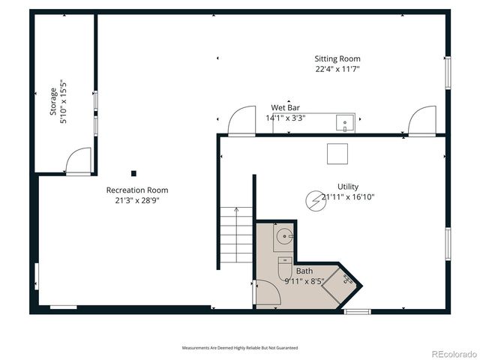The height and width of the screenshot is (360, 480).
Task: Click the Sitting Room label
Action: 337,58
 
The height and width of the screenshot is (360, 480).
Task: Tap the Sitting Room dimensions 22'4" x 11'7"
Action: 337,69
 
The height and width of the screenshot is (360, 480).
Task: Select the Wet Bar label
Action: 285,108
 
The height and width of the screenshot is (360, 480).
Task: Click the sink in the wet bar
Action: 345,122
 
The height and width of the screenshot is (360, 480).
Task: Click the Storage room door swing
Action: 77,160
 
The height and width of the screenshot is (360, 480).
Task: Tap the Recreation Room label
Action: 136,190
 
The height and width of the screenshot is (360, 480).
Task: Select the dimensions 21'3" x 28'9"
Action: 136,200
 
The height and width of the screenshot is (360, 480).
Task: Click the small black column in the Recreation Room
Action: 133,172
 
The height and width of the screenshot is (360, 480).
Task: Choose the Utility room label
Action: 348,187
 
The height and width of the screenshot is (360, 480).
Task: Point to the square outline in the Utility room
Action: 337,153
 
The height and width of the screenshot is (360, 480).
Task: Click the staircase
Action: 235,235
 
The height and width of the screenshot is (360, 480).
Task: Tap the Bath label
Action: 304,271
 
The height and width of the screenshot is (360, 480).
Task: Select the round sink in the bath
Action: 284,239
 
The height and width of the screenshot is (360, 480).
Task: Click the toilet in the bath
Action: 284,265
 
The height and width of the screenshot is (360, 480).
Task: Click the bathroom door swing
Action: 266,292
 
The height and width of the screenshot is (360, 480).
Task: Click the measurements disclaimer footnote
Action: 239,348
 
